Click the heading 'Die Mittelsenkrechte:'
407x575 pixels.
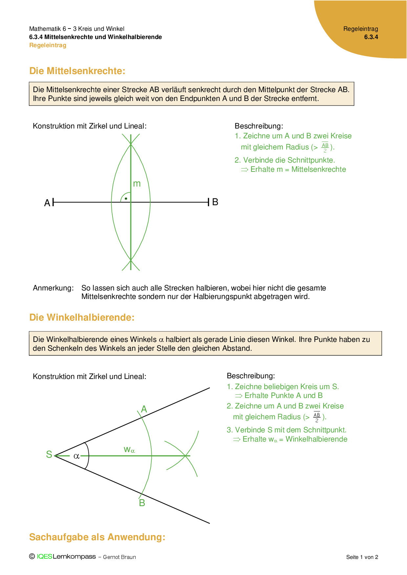pos(77,71)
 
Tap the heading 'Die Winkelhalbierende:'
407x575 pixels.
pos(82,317)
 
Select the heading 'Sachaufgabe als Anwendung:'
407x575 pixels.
pos(97,537)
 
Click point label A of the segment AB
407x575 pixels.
pos(47,203)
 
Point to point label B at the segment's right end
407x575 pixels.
pos(215,202)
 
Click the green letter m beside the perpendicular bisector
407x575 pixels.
pos(137,184)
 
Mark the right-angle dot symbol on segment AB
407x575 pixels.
pos(126,199)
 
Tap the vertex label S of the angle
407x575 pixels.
pos(49,454)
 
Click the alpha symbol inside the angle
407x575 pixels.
pos(76,456)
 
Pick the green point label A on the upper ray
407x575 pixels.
pos(144,409)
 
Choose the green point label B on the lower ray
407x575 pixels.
pos(142,503)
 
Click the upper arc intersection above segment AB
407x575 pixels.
pos(131,144)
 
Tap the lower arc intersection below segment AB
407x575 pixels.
pos(131,260)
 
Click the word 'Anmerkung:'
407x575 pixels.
pos(53,288)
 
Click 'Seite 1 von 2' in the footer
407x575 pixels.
pos(362,557)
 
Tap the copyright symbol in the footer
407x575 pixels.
pos(32,556)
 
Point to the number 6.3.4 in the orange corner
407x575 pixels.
pos(371,37)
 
